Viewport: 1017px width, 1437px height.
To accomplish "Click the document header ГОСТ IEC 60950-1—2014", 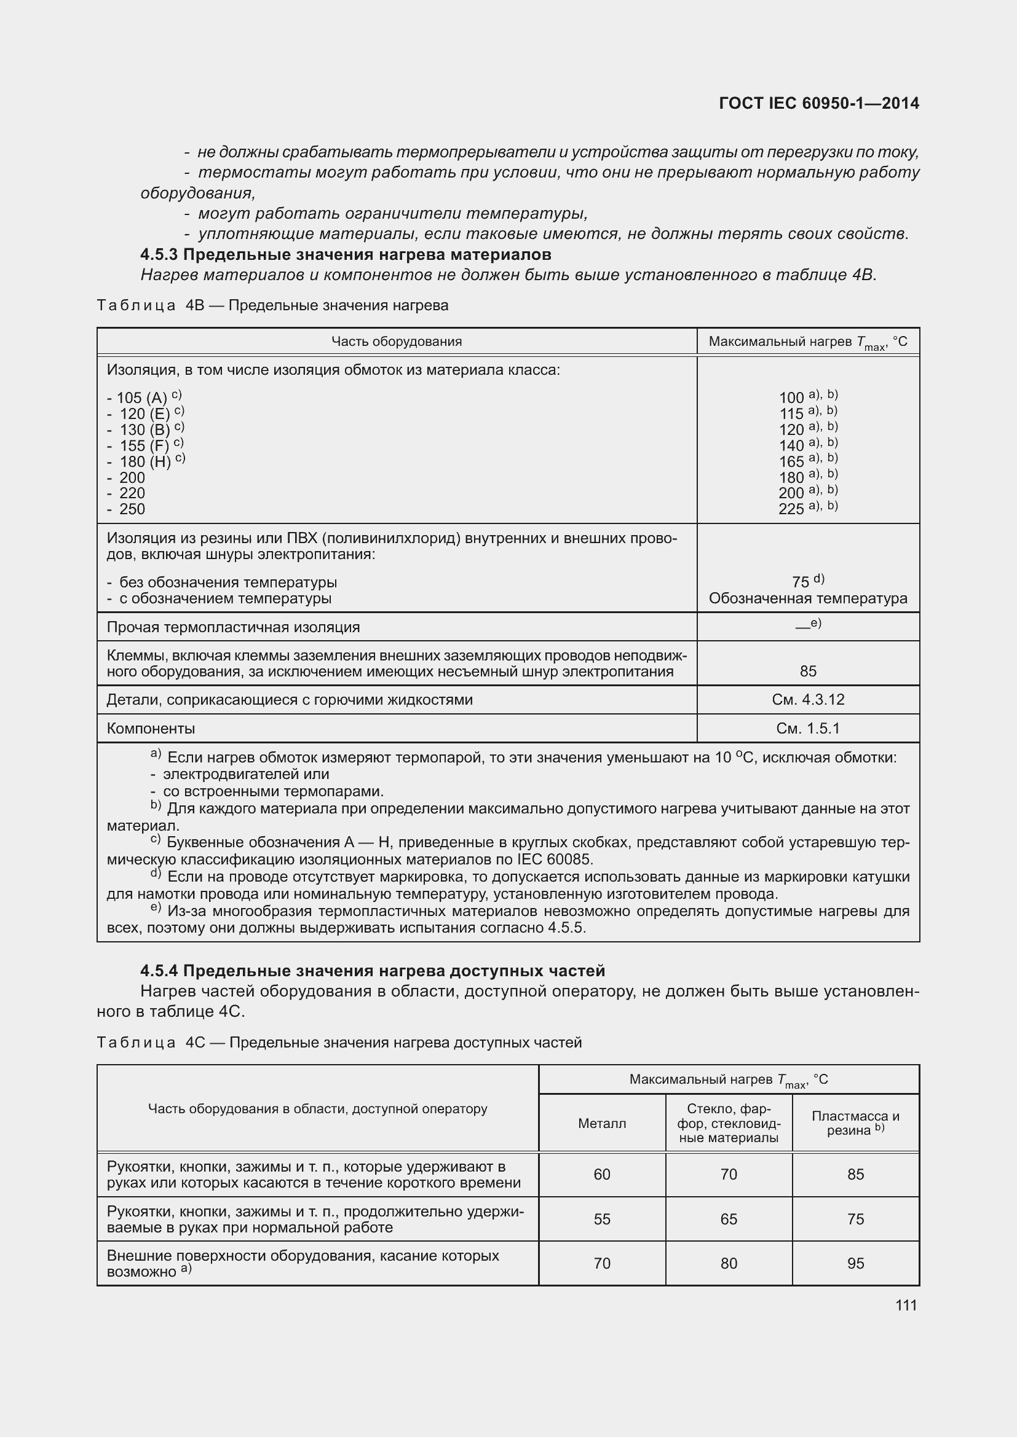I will point(819,103).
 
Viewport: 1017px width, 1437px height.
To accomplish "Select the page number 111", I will point(906,1305).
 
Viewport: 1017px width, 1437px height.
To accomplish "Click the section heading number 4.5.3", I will point(159,255).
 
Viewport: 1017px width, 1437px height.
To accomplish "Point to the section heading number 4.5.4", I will point(159,971).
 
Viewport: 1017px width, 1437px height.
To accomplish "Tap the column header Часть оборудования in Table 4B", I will point(397,341).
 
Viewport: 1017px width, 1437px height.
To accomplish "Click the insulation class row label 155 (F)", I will point(144,445).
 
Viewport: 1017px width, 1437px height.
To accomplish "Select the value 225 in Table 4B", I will point(791,509).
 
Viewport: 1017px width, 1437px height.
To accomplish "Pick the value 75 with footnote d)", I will point(801,582).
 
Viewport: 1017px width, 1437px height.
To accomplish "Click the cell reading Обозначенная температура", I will point(808,598).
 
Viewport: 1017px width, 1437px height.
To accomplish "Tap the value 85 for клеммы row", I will point(808,671).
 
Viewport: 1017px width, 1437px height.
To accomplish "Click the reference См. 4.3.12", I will point(808,700).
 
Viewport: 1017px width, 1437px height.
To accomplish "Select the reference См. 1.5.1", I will point(808,729).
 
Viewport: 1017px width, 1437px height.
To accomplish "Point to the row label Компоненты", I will point(151,729).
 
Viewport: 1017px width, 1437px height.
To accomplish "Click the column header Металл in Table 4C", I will point(602,1124).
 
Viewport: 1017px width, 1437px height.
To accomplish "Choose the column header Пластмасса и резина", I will point(855,1123).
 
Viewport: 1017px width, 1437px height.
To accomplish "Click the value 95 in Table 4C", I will point(855,1264).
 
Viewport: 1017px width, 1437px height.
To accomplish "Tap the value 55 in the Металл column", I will point(602,1219).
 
